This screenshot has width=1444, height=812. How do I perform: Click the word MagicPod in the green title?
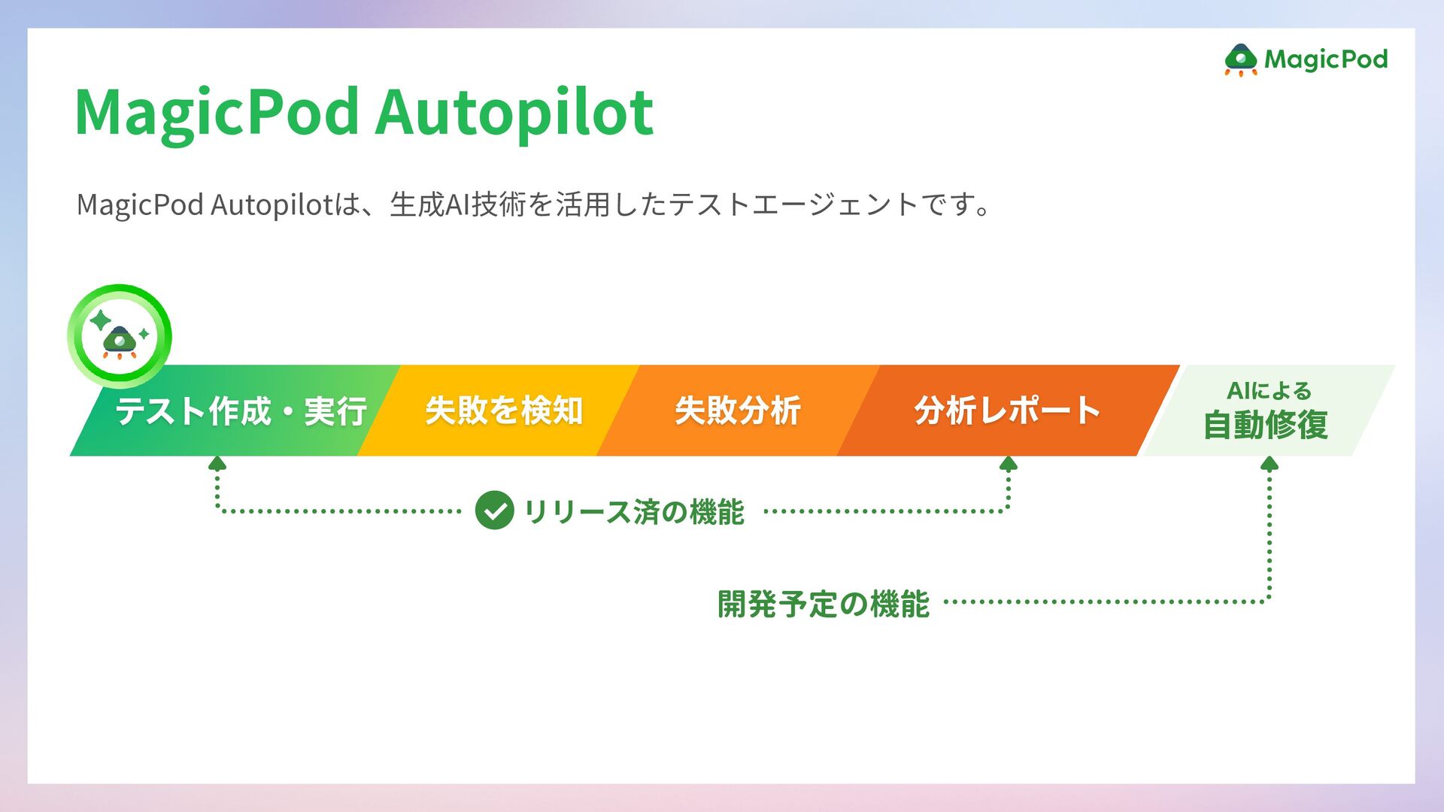pyautogui.click(x=217, y=113)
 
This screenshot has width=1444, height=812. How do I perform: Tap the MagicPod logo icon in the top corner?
pyautogui.click(x=1240, y=60)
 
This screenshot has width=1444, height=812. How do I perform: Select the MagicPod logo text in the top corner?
pyautogui.click(x=1325, y=59)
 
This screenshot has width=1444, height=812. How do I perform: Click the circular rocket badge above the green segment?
pyautogui.click(x=120, y=336)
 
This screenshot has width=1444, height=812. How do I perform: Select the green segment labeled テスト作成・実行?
pyautogui.click(x=241, y=411)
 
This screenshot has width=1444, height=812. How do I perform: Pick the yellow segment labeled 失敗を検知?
pyautogui.click(x=504, y=411)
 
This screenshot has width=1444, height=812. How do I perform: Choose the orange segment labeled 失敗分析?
pyautogui.click(x=737, y=411)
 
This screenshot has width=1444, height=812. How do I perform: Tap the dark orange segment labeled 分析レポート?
pyautogui.click(x=1007, y=411)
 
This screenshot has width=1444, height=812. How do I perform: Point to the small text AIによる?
pyautogui.click(x=1269, y=391)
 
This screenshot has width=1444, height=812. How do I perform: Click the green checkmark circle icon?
pyautogui.click(x=494, y=511)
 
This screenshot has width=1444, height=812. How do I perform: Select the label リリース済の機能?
pyautogui.click(x=633, y=512)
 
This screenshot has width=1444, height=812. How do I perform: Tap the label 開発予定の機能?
pyautogui.click(x=824, y=604)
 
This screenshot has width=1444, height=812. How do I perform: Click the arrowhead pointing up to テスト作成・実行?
pyautogui.click(x=217, y=463)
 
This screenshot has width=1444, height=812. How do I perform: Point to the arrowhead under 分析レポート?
pyautogui.click(x=1009, y=463)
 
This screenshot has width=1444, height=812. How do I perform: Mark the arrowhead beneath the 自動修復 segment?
pyautogui.click(x=1270, y=463)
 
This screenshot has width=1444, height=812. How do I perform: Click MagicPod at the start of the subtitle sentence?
pyautogui.click(x=140, y=205)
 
